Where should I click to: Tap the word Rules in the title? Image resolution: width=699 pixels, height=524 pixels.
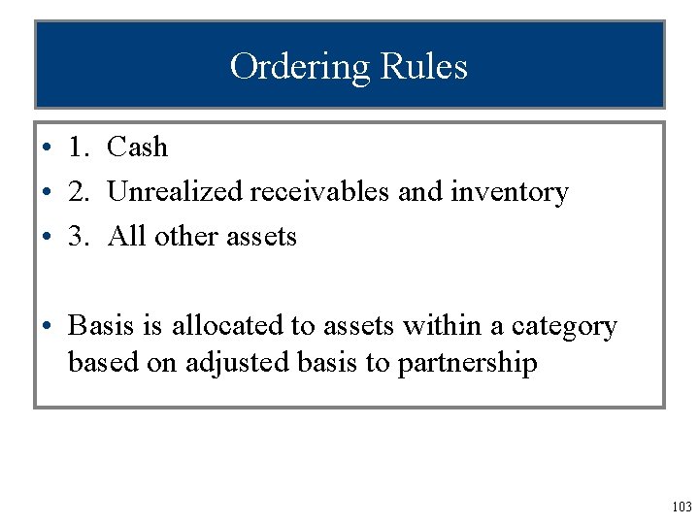point(424,67)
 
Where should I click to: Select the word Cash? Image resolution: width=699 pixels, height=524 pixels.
point(137,147)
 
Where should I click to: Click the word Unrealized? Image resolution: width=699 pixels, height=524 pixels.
point(175,192)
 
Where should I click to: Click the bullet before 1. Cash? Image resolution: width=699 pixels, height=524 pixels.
point(46,148)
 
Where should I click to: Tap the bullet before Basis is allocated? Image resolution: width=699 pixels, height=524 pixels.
point(46,327)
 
